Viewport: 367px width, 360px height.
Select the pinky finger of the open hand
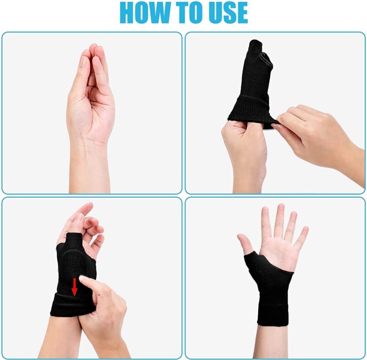pos(302,236)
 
